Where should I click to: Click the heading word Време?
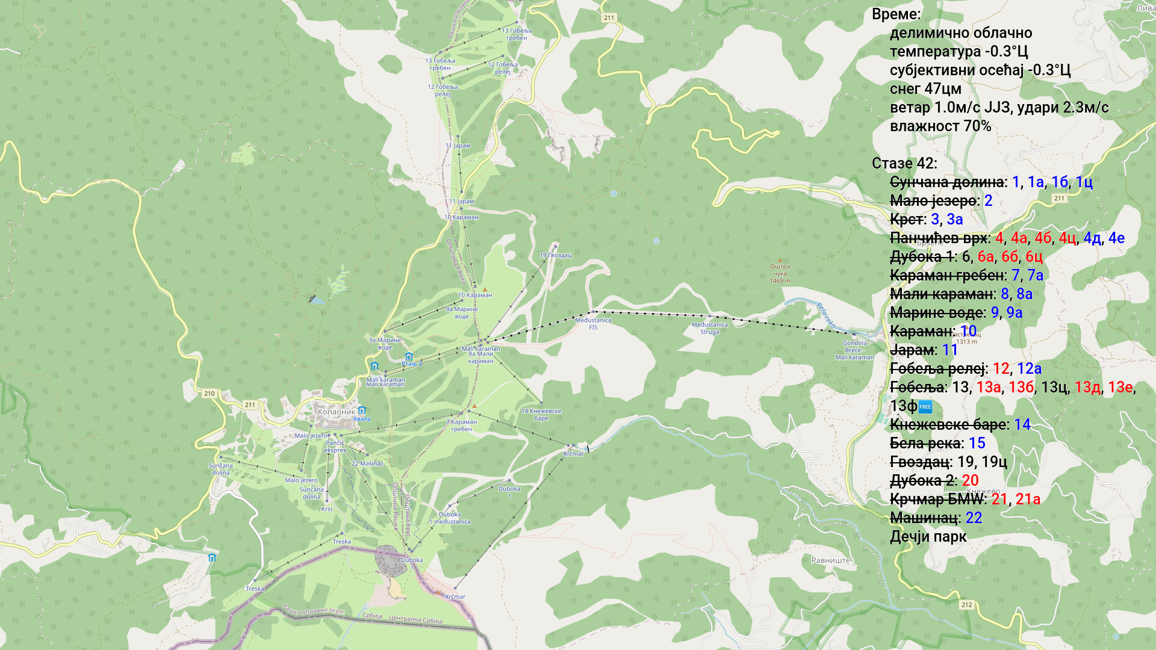[895, 14]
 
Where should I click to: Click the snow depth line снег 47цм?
[925, 89]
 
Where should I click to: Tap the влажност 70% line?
[940, 126]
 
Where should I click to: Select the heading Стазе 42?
[903, 164]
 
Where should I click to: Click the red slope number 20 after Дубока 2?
[970, 481]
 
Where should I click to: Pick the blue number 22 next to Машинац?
[974, 518]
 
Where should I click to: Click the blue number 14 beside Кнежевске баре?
[1022, 425]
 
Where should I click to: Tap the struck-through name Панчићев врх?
[938, 238]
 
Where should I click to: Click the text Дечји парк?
[928, 537]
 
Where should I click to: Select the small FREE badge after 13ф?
[925, 407]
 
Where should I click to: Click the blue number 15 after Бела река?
[977, 444]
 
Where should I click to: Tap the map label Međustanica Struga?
[709, 329]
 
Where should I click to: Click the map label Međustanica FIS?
[593, 324]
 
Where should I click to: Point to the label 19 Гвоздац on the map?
[555, 255]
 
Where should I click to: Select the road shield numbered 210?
[209, 394]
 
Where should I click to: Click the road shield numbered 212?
[966, 605]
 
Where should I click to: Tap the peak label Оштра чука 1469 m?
[780, 273]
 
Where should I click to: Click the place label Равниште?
[830, 560]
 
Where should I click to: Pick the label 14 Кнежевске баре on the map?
[541, 415]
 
